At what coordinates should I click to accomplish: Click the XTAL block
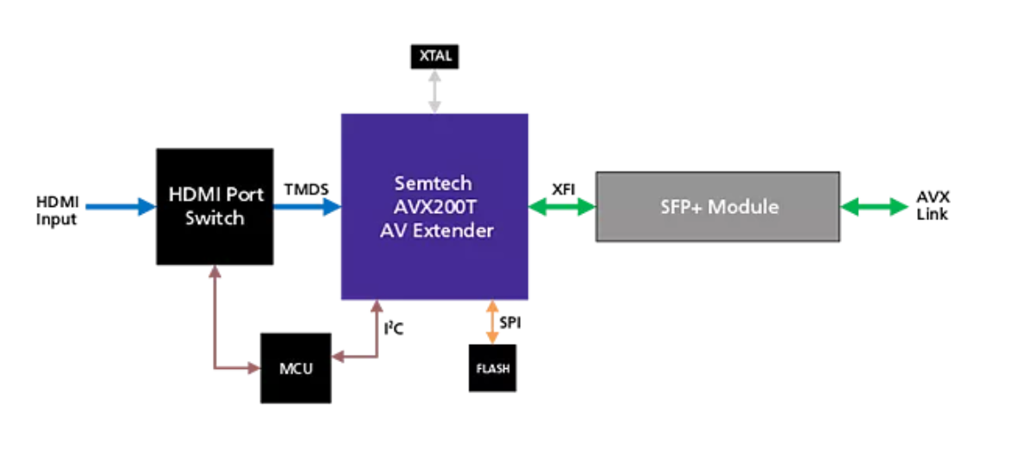tap(434, 57)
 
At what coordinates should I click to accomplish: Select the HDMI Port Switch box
tap(214, 206)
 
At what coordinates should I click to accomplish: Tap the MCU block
tap(295, 367)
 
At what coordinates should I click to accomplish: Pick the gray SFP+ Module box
tap(717, 207)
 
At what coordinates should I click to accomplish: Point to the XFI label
tap(563, 188)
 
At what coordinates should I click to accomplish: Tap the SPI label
tap(510, 322)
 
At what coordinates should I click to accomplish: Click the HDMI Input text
tap(56, 210)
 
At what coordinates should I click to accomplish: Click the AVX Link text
tap(932, 206)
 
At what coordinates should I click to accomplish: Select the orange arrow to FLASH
tap(491, 321)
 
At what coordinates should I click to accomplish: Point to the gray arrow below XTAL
tap(434, 92)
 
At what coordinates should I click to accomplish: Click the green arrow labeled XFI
tap(562, 207)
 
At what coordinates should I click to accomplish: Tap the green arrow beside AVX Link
tap(875, 207)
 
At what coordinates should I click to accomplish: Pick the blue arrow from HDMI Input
tap(120, 207)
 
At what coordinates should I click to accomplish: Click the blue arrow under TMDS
tap(307, 207)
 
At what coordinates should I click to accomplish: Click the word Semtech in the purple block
tap(434, 184)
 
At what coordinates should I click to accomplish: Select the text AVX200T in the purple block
tap(434, 207)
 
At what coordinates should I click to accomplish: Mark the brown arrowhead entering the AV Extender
tap(376, 307)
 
